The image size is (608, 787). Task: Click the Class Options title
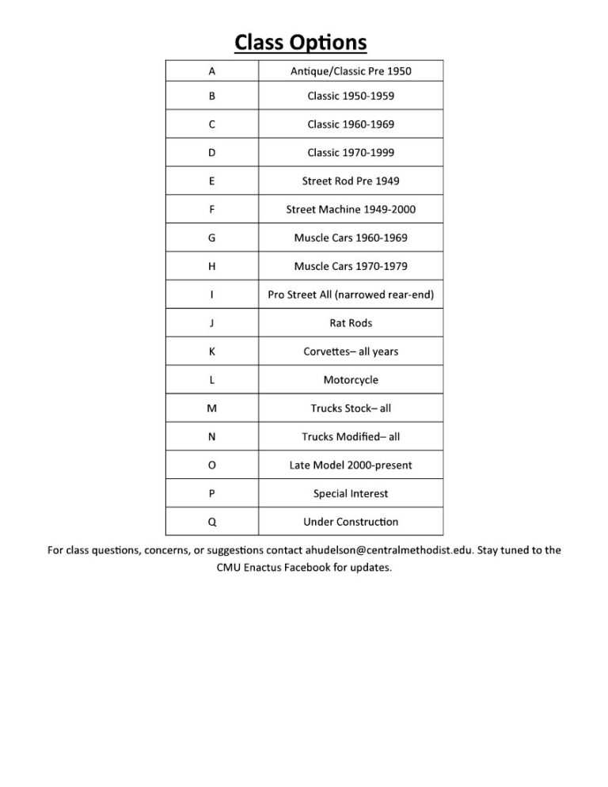coord(301,41)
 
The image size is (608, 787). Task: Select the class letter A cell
coord(211,71)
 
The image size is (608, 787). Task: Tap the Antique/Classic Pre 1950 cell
coord(351,71)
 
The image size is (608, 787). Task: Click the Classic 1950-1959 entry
coord(351,96)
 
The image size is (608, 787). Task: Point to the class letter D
coord(211,152)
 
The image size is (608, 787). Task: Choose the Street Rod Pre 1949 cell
coord(351,181)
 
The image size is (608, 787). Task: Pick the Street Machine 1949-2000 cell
coord(351,209)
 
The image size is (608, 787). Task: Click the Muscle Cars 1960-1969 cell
coord(351,238)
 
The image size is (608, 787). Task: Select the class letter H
coord(211,266)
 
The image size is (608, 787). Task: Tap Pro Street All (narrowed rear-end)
coord(351,295)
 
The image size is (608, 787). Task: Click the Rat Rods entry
coord(351,323)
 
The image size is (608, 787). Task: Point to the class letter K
coord(211,352)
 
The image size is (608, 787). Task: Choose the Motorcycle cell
coord(351,380)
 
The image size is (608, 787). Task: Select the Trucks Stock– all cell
coord(351,409)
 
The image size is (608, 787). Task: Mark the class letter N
coord(211,436)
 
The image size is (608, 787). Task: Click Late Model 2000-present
coord(351,465)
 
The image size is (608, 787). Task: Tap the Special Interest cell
coord(351,493)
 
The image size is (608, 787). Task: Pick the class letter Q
coord(211,522)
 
